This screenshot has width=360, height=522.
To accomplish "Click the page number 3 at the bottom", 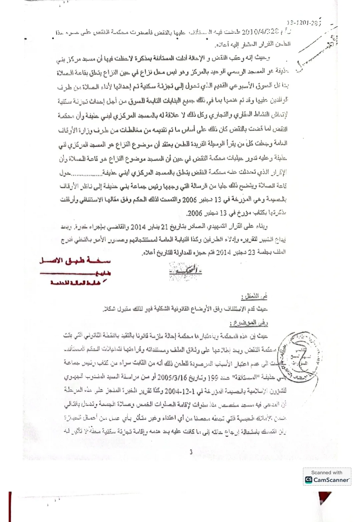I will click(x=191, y=452).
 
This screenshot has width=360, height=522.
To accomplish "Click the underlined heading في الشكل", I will click(x=254, y=296).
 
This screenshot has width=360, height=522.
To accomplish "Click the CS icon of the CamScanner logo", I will click(x=309, y=480).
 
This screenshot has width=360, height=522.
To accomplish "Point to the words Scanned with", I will click(x=327, y=472).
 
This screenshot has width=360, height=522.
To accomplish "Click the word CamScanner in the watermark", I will click(x=331, y=480).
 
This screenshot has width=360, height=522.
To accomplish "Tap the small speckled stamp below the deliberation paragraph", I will click(x=186, y=271).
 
